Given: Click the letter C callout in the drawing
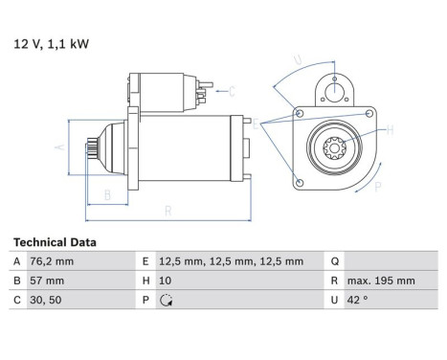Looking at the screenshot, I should point(232,91).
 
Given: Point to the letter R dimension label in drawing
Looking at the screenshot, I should point(168,209).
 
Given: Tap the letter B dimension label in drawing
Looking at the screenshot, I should point(106,194).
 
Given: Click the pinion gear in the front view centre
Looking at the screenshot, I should point(336,148).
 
